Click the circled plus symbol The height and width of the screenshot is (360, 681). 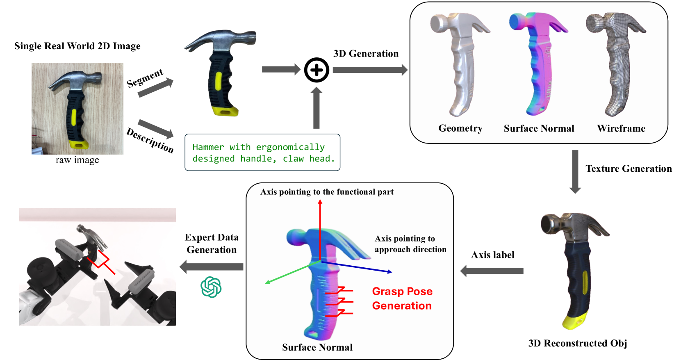click(x=317, y=70)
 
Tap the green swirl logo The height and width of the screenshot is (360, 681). click(x=211, y=287)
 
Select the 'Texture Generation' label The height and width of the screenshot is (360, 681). click(x=629, y=169)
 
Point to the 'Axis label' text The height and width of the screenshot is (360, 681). click(x=492, y=255)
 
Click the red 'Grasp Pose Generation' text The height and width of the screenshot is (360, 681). click(x=402, y=298)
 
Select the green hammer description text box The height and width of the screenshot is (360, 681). click(x=262, y=153)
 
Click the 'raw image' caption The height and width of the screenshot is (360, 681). click(x=77, y=160)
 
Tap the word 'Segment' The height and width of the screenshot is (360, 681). click(x=145, y=78)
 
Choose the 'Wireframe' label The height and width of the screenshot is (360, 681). click(x=621, y=128)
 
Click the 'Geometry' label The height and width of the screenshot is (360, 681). click(x=460, y=128)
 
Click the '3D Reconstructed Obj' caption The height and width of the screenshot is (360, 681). click(x=577, y=343)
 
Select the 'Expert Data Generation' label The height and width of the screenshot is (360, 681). click(x=212, y=244)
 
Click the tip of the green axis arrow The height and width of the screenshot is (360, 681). click(x=266, y=283)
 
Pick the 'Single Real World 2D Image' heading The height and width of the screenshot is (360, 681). click(x=77, y=46)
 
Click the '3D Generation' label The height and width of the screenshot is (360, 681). click(x=366, y=54)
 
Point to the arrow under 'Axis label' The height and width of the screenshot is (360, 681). click(x=492, y=271)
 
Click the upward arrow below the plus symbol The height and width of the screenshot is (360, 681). click(x=316, y=108)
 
